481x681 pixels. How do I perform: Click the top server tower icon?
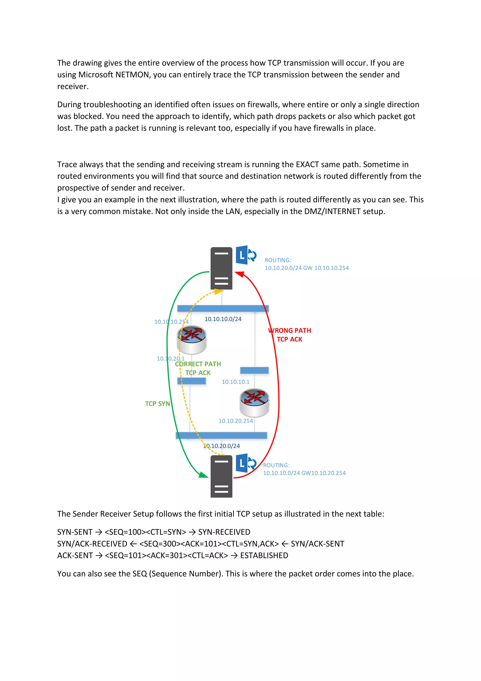pyautogui.click(x=221, y=268)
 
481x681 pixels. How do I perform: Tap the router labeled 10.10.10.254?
pyautogui.click(x=192, y=340)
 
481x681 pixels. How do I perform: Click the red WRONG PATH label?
pyautogui.click(x=290, y=330)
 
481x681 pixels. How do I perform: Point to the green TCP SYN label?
pyautogui.click(x=157, y=404)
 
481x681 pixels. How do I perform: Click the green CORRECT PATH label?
pyautogui.click(x=198, y=364)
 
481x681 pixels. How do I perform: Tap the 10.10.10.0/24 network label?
pyautogui.click(x=223, y=319)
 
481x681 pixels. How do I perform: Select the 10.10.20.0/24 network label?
pyautogui.click(x=221, y=446)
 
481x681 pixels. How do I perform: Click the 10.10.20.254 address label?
pyautogui.click(x=236, y=421)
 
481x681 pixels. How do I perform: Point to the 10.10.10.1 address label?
pyautogui.click(x=236, y=382)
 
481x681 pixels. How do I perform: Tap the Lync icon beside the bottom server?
pyautogui.click(x=245, y=463)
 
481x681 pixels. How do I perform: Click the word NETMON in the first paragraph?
pyautogui.click(x=132, y=75)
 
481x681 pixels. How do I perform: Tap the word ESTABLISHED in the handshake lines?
pyautogui.click(x=264, y=555)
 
